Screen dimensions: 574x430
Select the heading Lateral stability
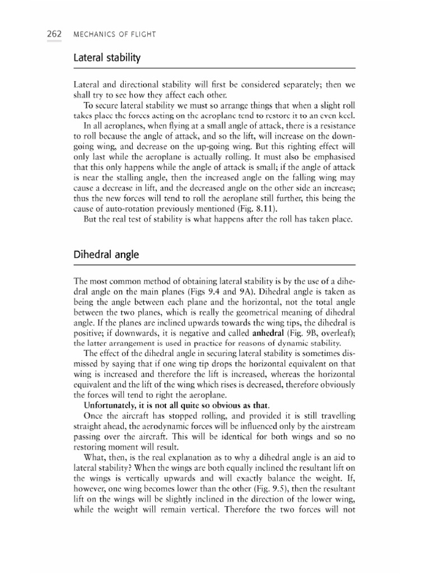point(106,58)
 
